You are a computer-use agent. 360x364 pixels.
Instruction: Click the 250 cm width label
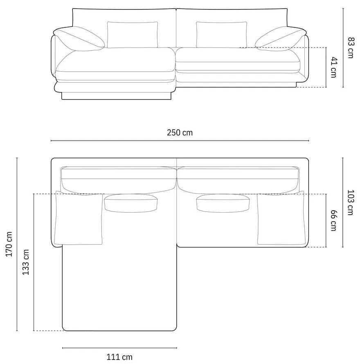180,133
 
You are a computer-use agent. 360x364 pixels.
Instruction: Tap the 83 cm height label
350,47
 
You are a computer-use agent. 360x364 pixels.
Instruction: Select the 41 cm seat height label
333,67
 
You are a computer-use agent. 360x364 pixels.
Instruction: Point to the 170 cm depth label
9,244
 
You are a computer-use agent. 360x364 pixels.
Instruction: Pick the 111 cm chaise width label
119,357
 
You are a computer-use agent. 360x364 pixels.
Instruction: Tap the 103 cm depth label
350,202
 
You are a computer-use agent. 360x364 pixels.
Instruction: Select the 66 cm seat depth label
333,220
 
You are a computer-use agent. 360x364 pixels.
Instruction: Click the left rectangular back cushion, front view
133,34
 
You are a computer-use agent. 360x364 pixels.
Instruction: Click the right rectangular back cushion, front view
221,34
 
